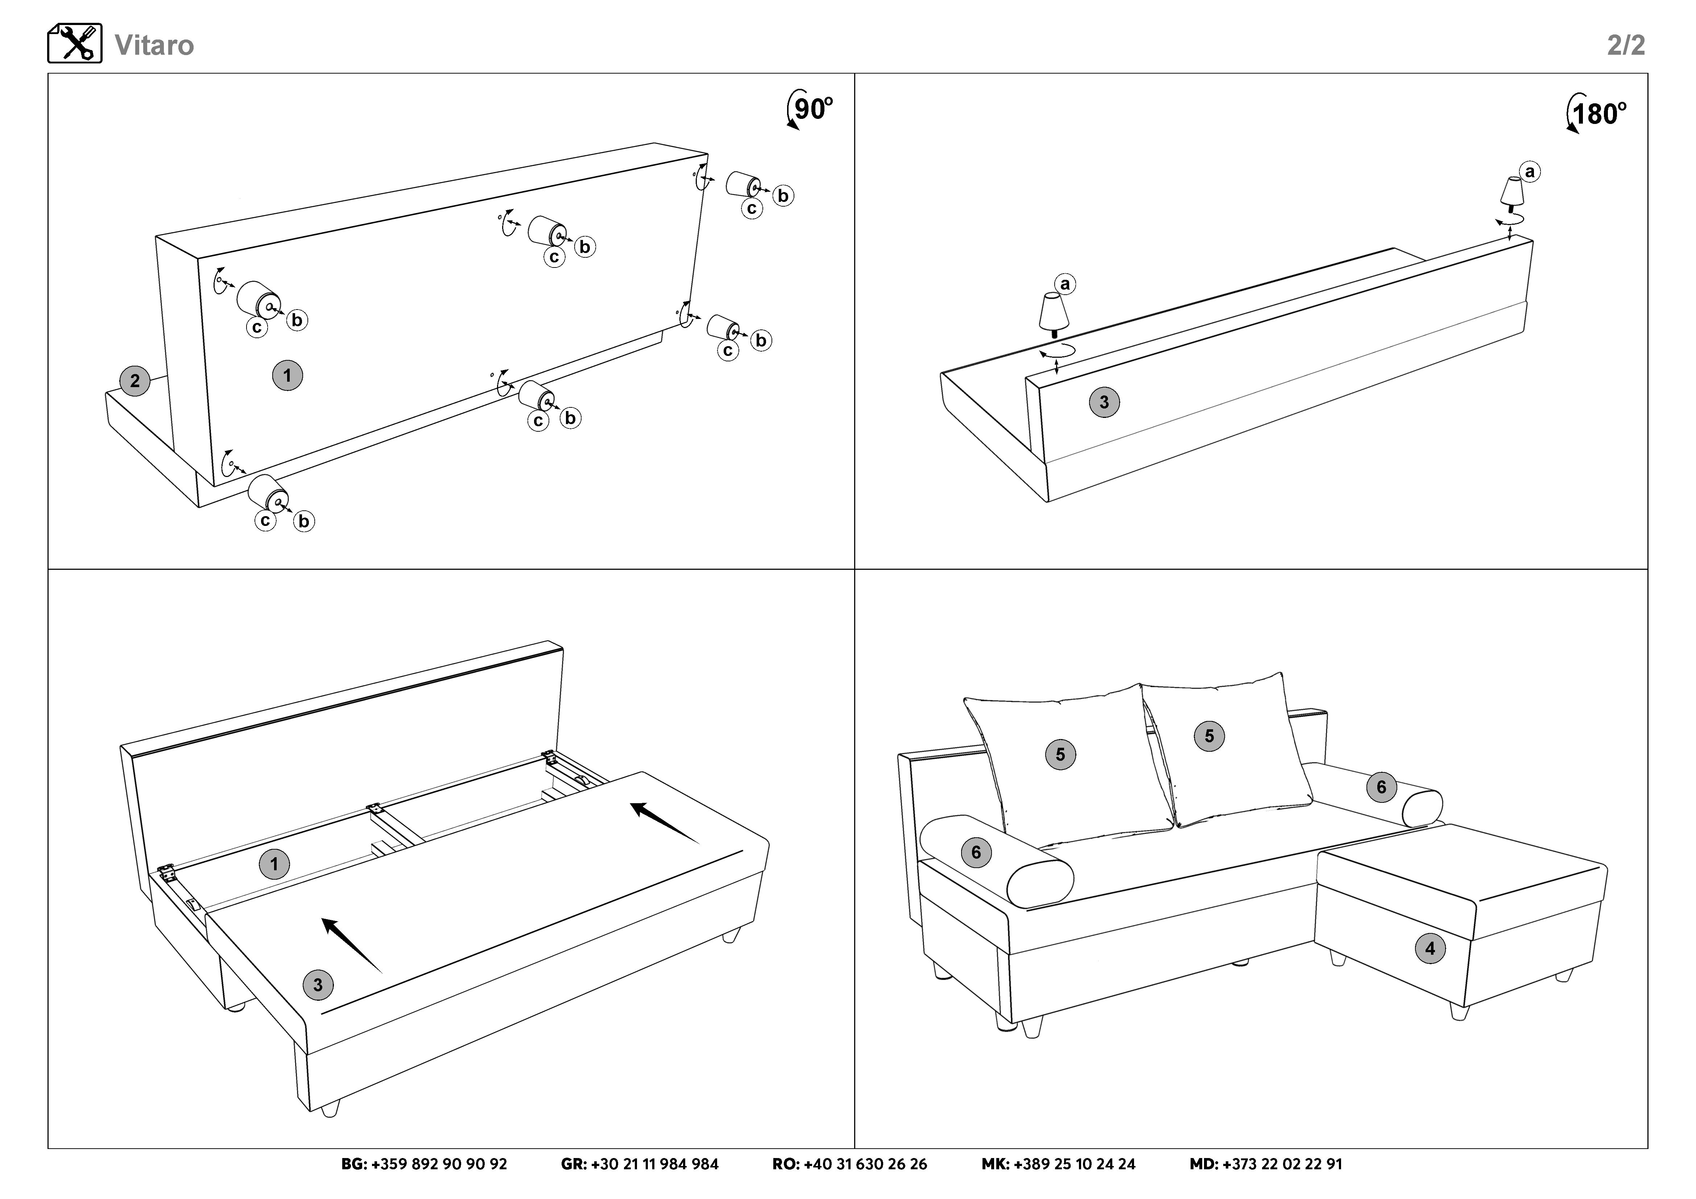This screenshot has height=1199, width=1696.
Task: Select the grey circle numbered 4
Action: (1430, 948)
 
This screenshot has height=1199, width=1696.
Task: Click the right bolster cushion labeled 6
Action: (1381, 787)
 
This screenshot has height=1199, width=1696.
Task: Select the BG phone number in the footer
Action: (424, 1164)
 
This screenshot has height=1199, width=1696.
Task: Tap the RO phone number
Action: (849, 1164)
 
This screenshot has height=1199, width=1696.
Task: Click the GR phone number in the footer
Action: (640, 1164)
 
